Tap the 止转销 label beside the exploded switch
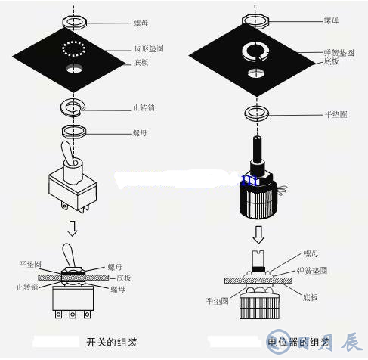tap(143, 108)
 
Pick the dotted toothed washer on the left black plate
tap(74, 49)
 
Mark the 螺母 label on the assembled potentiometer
tap(311, 253)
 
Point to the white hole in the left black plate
tap(75, 70)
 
